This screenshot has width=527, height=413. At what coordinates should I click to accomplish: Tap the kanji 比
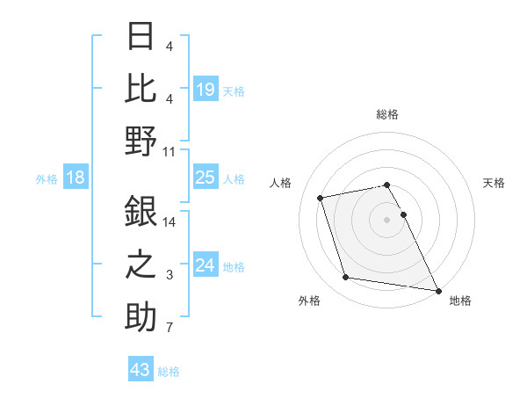pyautogui.click(x=141, y=88)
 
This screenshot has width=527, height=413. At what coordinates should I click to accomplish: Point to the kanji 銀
pyautogui.click(x=141, y=211)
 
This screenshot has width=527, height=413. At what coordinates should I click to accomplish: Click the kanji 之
pyautogui.click(x=141, y=264)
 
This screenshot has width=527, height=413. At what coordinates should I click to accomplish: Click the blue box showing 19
pyautogui.click(x=205, y=89)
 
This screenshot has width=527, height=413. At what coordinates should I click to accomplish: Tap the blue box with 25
pyautogui.click(x=205, y=178)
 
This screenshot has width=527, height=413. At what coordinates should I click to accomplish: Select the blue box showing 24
pyautogui.click(x=205, y=265)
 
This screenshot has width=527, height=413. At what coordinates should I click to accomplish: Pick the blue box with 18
pyautogui.click(x=76, y=178)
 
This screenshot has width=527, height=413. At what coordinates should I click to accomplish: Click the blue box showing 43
pyautogui.click(x=141, y=370)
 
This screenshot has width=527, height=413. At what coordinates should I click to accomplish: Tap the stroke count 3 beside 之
pyautogui.click(x=170, y=275)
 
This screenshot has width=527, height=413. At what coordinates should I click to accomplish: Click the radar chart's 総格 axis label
pyautogui.click(x=387, y=114)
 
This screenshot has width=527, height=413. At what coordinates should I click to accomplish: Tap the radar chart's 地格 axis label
pyautogui.click(x=460, y=301)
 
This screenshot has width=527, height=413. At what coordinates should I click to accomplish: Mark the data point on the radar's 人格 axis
pyautogui.click(x=321, y=197)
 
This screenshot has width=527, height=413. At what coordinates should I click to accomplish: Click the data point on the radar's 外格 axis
pyautogui.click(x=346, y=278)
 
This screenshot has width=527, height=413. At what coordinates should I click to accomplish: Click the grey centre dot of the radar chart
pyautogui.click(x=387, y=219)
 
